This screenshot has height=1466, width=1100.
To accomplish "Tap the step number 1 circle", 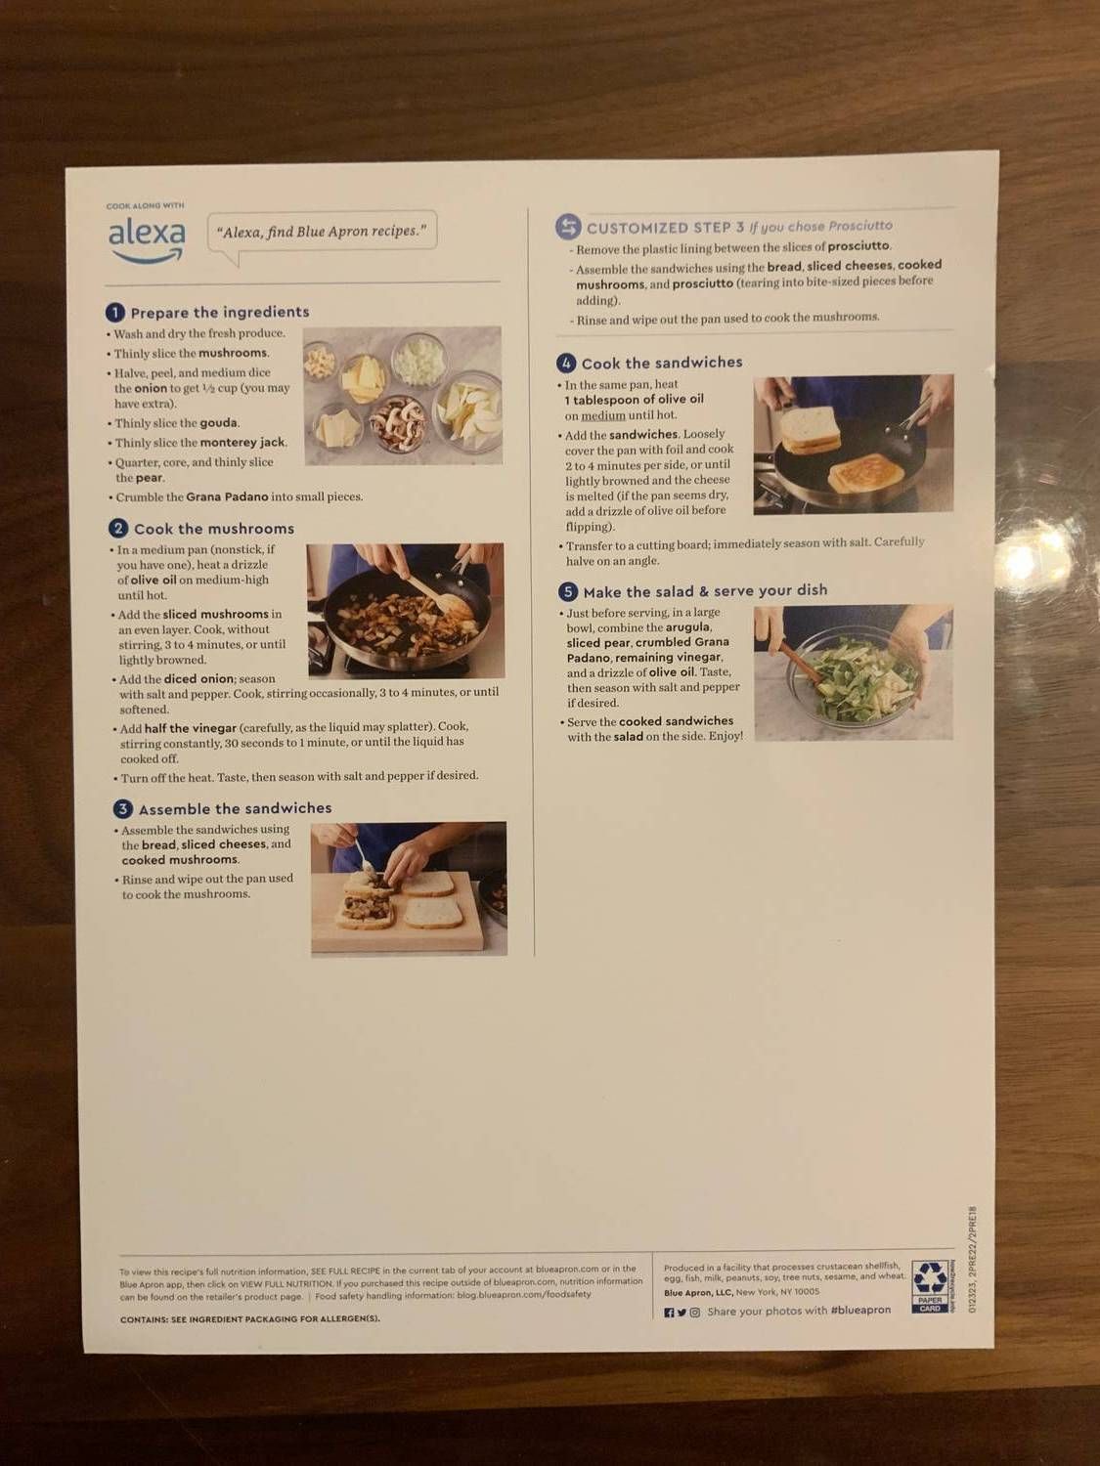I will point(115,313).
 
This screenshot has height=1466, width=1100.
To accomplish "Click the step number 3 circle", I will point(122,809).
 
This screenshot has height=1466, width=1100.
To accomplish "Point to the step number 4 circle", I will point(566,364).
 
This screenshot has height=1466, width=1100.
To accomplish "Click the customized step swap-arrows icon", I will point(568,228).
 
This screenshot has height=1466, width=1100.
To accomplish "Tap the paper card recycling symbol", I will point(929,1285).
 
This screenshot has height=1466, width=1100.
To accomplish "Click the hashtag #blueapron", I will point(860,1311).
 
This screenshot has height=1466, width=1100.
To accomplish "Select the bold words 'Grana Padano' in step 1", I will point(227,497).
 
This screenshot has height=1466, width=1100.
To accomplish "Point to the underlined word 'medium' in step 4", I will point(603,415).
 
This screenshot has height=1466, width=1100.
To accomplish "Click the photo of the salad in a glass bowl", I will point(853,672).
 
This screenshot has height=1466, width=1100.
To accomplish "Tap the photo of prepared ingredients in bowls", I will point(403,396).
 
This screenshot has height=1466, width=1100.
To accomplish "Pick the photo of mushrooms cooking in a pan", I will point(406,611).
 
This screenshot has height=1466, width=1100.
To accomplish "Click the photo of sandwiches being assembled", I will point(409,888).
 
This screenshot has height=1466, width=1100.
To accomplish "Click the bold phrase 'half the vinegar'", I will point(191,728).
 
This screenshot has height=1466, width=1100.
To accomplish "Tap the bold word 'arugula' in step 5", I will point(687,627).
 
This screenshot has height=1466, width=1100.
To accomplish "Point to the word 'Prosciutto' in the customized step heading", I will point(860,226).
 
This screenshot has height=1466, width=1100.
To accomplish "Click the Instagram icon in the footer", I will point(695,1313).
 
